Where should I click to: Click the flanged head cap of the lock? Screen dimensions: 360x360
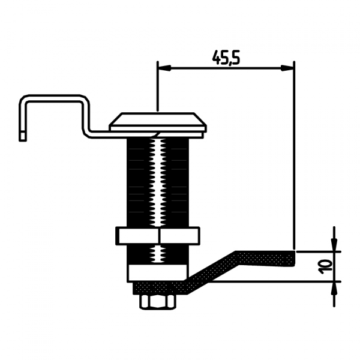[158, 121]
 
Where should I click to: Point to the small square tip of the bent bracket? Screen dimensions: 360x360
[23, 136]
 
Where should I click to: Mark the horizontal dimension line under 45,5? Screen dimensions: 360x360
[226, 68]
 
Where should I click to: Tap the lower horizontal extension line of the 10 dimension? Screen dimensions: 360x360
[318, 281]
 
